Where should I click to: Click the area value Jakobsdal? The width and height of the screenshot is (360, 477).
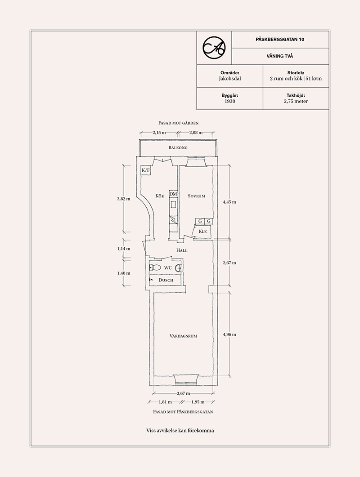pyautogui.click(x=229, y=78)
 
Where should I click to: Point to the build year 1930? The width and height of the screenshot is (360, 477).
pyautogui.click(x=229, y=102)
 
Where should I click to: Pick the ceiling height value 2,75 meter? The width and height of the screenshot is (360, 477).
pyautogui.click(x=296, y=102)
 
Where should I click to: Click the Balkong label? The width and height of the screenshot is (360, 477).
pyautogui.click(x=178, y=147)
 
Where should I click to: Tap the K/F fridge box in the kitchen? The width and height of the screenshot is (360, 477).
pyautogui.click(x=146, y=171)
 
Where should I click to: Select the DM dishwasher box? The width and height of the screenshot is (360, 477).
pyautogui.click(x=173, y=194)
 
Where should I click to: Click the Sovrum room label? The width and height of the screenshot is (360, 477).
pyautogui.click(x=197, y=196)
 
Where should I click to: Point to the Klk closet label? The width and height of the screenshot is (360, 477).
pyautogui.click(x=202, y=232)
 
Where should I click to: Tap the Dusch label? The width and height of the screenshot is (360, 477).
pyautogui.click(x=166, y=280)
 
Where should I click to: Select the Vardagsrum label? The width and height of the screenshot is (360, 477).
pyautogui.click(x=184, y=336)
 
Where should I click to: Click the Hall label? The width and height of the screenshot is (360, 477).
pyautogui.click(x=182, y=250)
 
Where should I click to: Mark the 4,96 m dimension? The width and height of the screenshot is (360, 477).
pyautogui.click(x=229, y=334)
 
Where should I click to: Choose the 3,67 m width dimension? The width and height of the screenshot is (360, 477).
pyautogui.click(x=183, y=393)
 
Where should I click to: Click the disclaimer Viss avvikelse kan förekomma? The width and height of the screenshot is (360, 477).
pyautogui.click(x=180, y=431)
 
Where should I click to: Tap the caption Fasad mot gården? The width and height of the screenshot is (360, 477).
pyautogui.click(x=179, y=122)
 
